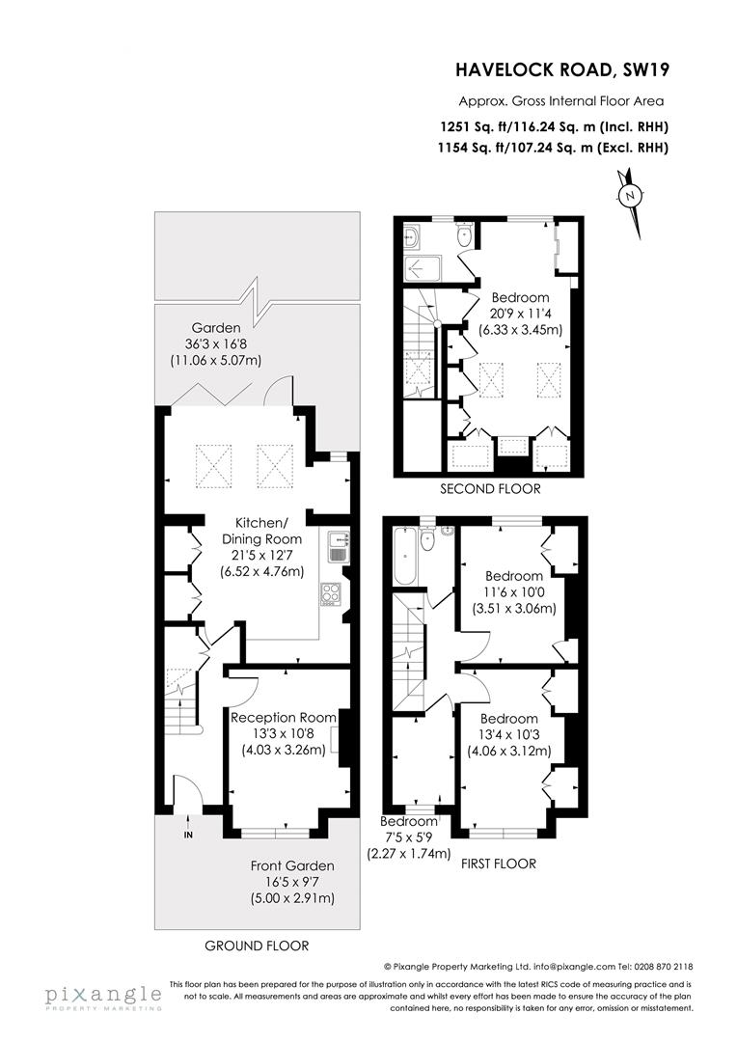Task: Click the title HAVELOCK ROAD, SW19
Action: pos(562,69)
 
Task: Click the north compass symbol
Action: pos(630,195)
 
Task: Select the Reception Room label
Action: pos(283,717)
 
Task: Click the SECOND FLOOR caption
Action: pos(490,489)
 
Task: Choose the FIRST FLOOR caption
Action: pos(499,864)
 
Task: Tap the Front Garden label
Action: pos(292,865)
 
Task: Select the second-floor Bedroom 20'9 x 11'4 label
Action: pos(520,297)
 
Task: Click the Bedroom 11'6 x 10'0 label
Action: pos(515,576)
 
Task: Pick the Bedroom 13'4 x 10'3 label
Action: pos(509,719)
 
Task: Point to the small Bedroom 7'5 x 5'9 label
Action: pos(409,821)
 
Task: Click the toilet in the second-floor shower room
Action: pos(464,235)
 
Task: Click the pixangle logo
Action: pos(101,995)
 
